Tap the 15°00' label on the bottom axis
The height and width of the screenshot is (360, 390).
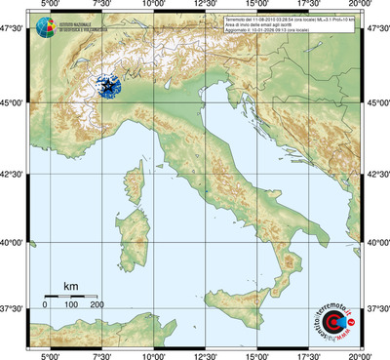pos(257,354)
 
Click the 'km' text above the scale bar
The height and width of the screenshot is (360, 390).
pos(70,286)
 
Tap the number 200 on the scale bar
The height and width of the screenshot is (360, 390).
pos(97,305)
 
